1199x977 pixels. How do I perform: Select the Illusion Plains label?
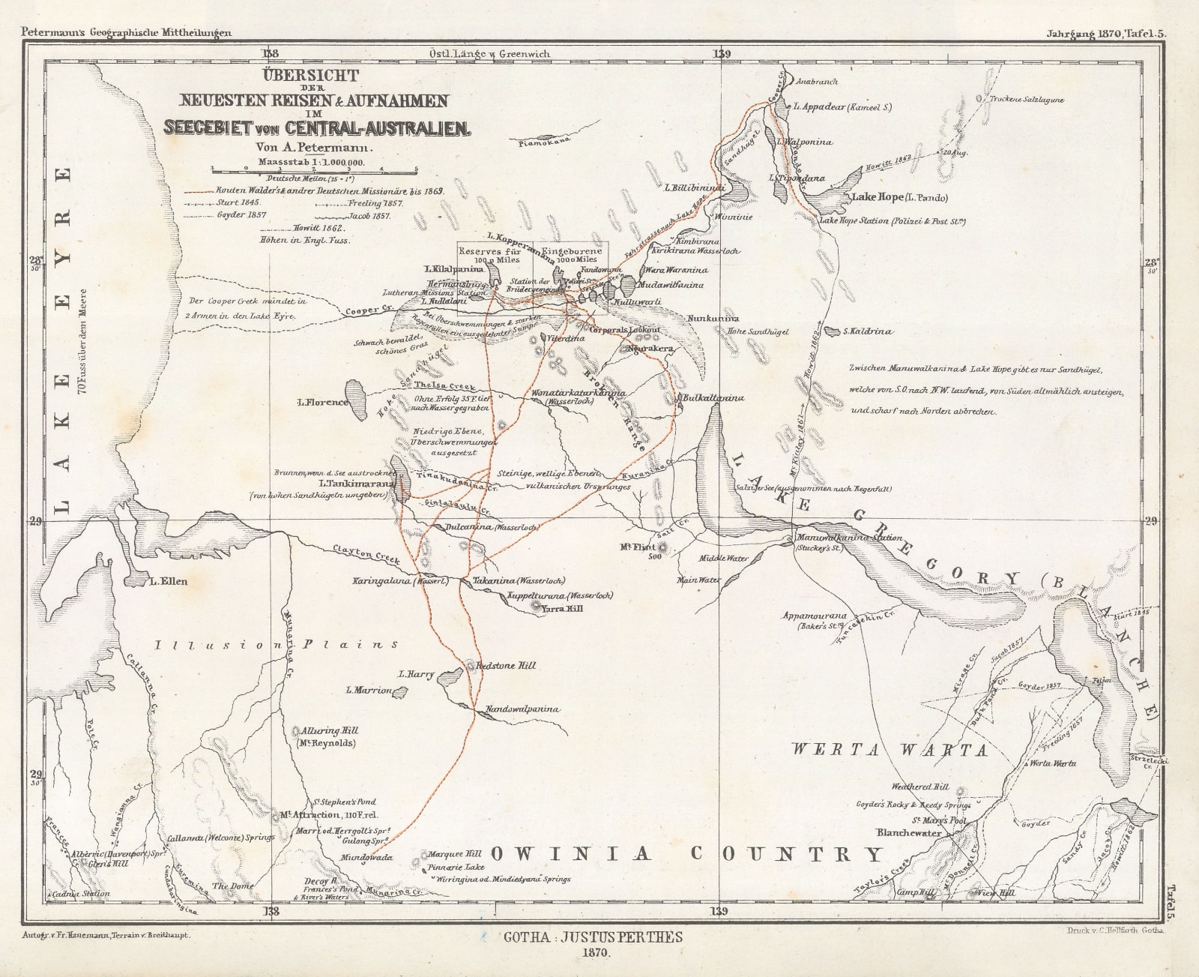(x=277, y=645)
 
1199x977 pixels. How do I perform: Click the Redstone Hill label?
(x=507, y=666)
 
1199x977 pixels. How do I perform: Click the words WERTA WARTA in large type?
(x=890, y=749)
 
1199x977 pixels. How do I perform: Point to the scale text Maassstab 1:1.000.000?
(x=311, y=161)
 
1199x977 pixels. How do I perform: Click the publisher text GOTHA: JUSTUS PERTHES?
(x=593, y=937)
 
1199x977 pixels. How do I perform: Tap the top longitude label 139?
(x=722, y=54)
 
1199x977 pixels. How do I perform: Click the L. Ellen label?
(x=169, y=581)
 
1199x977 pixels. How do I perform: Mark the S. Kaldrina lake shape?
(x=831, y=331)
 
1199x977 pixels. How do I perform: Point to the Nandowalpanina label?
(x=522, y=709)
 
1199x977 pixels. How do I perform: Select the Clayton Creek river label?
(x=367, y=556)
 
